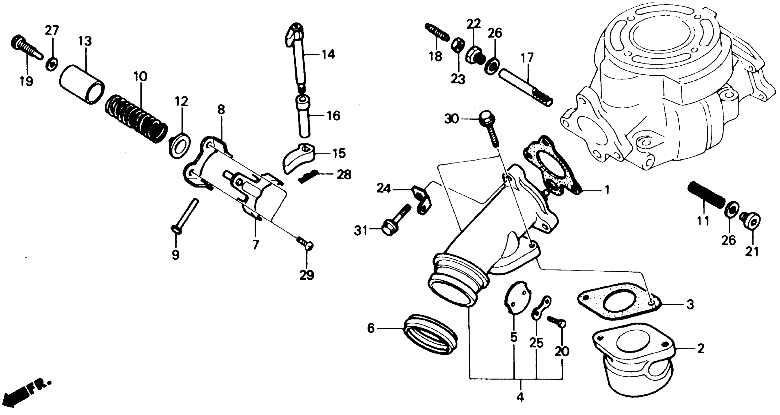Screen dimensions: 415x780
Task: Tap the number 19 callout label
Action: pyautogui.click(x=26, y=81)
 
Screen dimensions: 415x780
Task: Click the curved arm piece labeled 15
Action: pyautogui.click(x=298, y=157)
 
